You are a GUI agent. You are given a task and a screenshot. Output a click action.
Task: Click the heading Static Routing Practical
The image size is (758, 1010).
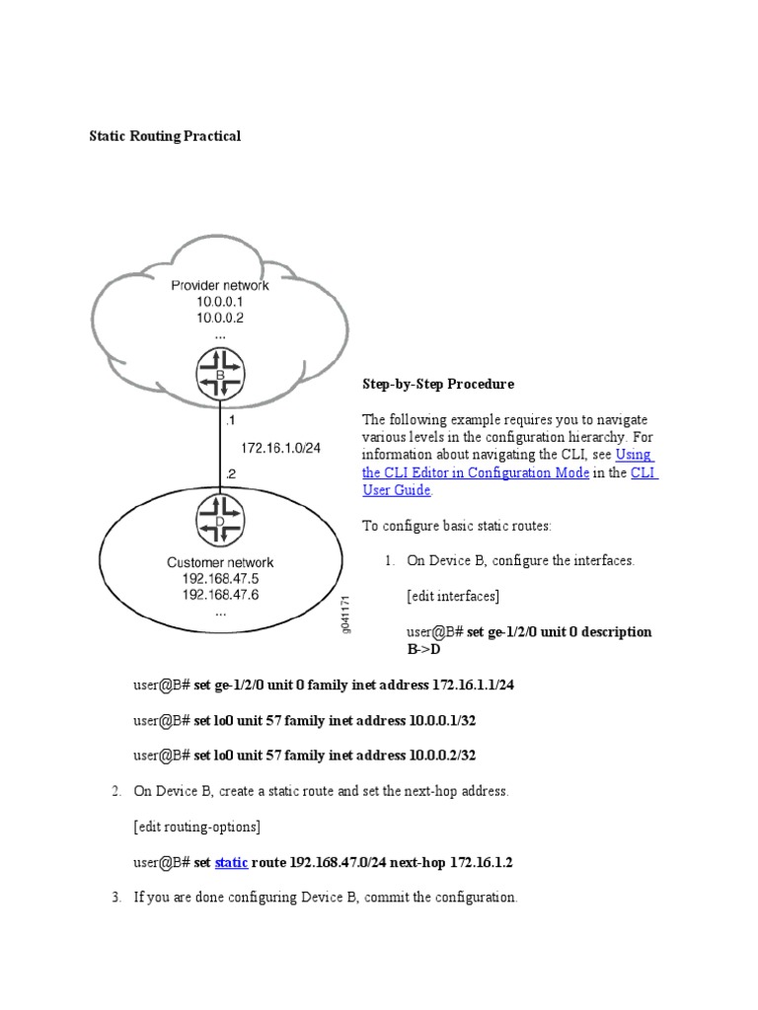[165, 136]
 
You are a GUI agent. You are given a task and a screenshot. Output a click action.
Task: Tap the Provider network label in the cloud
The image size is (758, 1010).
[220, 285]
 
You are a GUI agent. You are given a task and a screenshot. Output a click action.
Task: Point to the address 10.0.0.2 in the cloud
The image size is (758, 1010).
[220, 319]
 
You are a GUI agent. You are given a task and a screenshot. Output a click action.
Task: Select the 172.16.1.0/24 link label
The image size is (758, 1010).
[281, 447]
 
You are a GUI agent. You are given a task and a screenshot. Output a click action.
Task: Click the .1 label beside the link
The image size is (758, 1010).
[231, 419]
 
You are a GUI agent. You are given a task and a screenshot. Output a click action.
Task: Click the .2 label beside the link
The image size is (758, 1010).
[231, 473]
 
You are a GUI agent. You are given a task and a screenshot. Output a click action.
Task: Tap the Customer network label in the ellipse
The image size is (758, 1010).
[220, 563]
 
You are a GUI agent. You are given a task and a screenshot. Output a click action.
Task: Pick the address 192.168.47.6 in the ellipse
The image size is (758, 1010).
[220, 595]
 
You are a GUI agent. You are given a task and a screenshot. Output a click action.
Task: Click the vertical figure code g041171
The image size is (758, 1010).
[346, 613]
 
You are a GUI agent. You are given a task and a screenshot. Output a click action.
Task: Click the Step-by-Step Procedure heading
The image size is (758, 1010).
[438, 383]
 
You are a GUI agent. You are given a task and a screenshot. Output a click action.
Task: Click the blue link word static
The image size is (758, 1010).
[232, 862]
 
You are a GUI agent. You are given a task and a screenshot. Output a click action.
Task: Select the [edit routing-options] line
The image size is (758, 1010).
[196, 827]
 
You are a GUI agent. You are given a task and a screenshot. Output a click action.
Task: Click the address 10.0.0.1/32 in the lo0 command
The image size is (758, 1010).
[443, 720]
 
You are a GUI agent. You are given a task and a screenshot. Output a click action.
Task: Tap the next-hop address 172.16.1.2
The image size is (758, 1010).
[481, 862]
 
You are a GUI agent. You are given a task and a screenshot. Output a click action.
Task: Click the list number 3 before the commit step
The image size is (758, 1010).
[115, 898]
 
